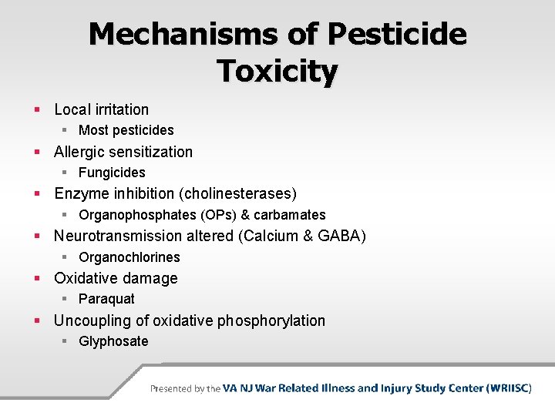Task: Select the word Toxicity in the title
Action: point(277,71)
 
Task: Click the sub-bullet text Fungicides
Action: point(112,173)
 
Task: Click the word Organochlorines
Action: point(129,257)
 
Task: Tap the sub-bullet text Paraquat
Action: point(106,299)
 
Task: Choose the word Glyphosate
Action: point(113,341)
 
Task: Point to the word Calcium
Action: point(269,236)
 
